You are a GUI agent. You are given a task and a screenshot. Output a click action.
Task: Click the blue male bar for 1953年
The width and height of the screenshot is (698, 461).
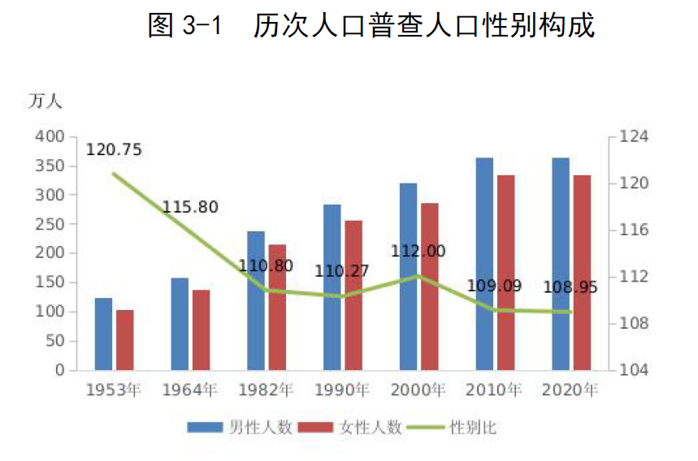pyautogui.click(x=103, y=334)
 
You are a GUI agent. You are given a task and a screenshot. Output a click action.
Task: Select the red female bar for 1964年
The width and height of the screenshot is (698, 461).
pyautogui.click(x=201, y=330)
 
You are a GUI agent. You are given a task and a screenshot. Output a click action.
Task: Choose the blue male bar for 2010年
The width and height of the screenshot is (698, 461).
pyautogui.click(x=484, y=263)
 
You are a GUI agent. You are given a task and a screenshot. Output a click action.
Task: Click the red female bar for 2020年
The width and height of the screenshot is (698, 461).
pyautogui.click(x=582, y=272)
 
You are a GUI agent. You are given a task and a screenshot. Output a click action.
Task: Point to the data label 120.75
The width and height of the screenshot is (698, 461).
pyautogui.click(x=114, y=150)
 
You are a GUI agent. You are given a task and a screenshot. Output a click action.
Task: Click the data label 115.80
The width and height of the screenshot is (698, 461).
pyautogui.click(x=190, y=208)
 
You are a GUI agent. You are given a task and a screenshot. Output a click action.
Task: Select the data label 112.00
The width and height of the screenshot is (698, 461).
pyautogui.click(x=418, y=252)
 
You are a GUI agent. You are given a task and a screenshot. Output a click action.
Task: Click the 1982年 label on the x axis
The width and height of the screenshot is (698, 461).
pyautogui.click(x=266, y=390)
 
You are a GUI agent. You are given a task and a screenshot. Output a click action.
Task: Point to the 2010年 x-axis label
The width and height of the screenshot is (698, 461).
pyautogui.click(x=494, y=390)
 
